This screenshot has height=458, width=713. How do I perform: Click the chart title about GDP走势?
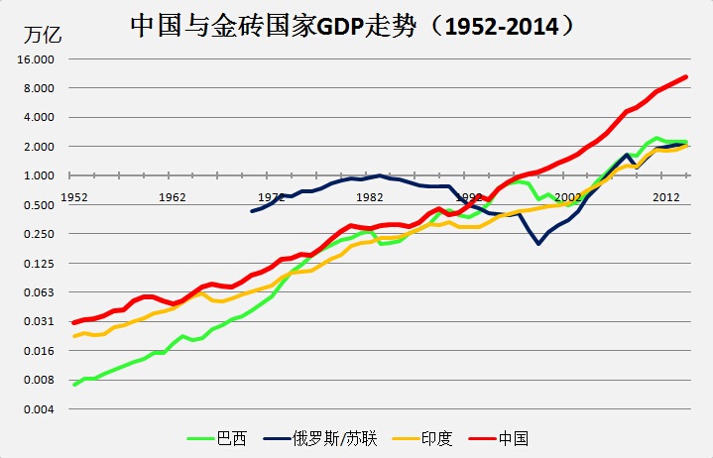pos(353,25)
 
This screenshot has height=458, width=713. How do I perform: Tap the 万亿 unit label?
pos(42,37)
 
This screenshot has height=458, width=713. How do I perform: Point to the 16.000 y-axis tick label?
pos(37,59)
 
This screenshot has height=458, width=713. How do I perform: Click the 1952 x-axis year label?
pos(73,196)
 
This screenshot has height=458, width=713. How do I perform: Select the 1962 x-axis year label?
pos(172,196)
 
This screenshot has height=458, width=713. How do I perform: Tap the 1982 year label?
pos(370,196)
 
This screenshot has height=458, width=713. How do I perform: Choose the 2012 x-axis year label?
pos(665,196)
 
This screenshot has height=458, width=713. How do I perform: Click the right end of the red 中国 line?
pos(686,77)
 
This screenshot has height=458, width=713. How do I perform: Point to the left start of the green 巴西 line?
pos(74,384)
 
